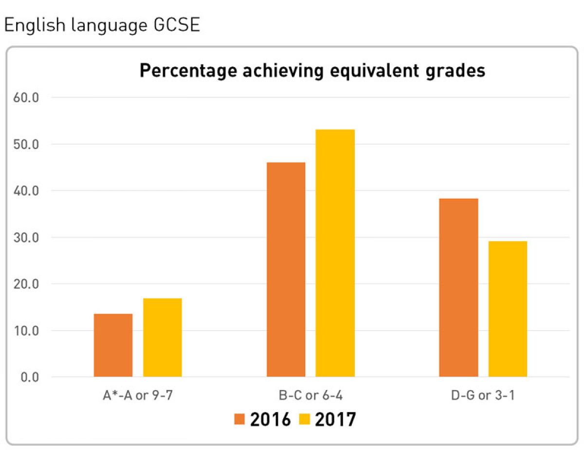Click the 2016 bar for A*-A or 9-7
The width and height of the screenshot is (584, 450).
113,345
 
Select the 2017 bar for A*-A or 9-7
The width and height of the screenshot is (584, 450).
162,337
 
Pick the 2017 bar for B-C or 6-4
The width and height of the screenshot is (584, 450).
335,253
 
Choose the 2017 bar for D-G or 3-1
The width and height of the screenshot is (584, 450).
508,309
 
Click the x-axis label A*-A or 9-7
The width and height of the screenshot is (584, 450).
138,395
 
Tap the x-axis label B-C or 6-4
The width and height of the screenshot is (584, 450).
310,395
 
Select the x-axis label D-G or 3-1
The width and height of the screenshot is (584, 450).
483,395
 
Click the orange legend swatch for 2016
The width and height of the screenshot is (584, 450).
240,419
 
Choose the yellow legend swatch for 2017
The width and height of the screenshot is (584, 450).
305,419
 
